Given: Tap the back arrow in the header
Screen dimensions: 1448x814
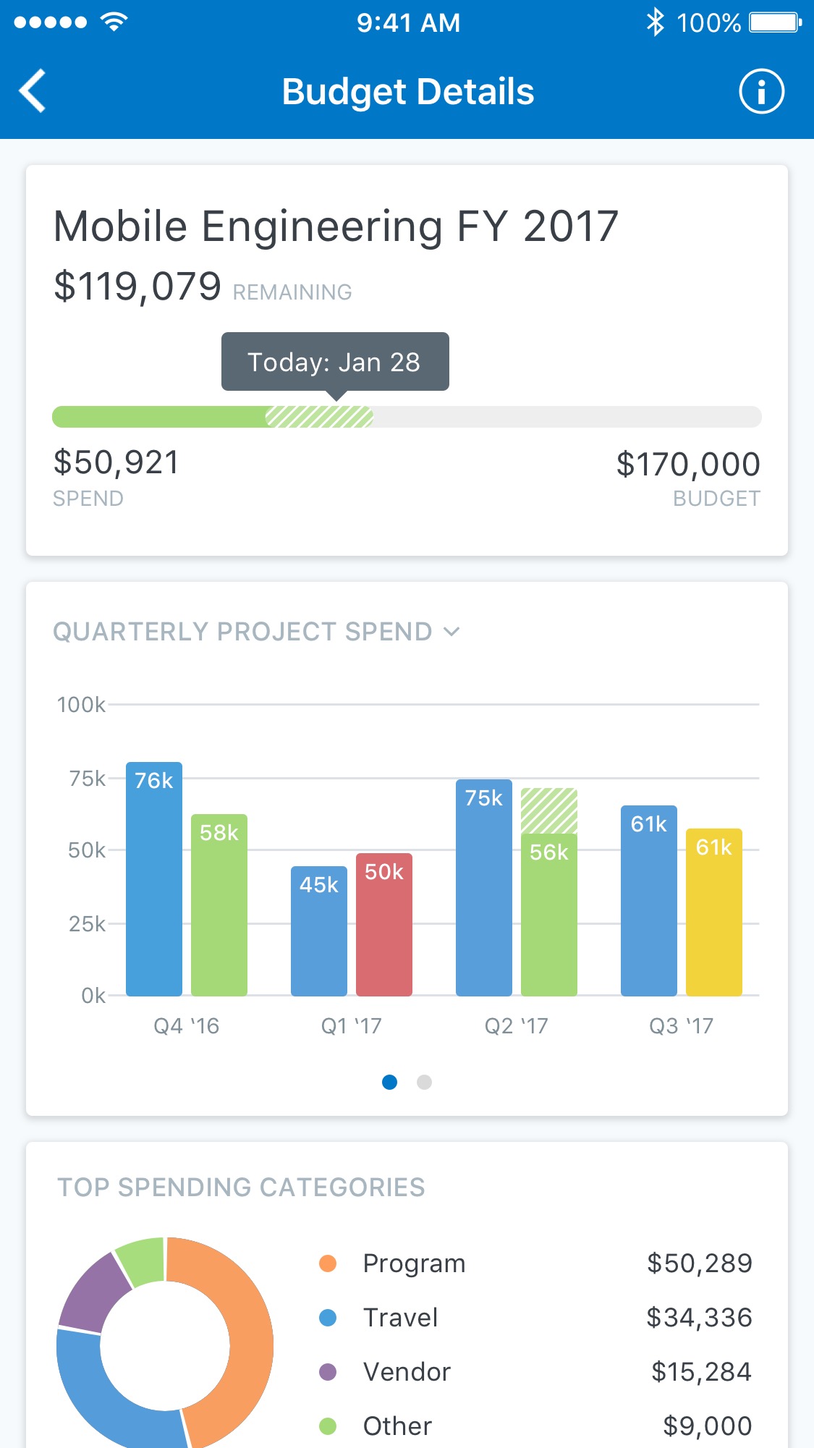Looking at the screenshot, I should [x=33, y=91].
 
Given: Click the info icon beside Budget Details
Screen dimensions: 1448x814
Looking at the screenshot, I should [x=761, y=92].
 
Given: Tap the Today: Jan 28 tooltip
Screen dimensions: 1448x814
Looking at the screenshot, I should [x=334, y=362].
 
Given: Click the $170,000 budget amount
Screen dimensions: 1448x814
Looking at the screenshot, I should [x=687, y=464].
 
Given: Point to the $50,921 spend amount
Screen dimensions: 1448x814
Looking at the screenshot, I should [x=116, y=462].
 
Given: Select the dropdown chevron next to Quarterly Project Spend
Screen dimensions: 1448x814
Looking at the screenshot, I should [x=451, y=632].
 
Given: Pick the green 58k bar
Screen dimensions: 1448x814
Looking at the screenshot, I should [x=219, y=905].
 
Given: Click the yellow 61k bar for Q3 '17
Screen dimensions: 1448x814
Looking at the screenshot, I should [x=714, y=912].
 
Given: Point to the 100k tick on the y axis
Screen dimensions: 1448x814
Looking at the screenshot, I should [x=81, y=705].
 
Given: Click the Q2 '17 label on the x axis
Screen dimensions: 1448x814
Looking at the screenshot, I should [x=516, y=1026].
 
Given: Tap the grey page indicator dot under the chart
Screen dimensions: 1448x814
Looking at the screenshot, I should [x=425, y=1082].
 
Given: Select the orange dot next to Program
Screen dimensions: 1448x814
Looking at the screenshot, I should [x=328, y=1263].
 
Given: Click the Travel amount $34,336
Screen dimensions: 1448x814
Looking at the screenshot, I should [x=699, y=1318].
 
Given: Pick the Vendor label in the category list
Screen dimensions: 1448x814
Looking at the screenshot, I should [x=407, y=1372].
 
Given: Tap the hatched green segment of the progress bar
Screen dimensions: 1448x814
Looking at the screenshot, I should [x=319, y=417].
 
